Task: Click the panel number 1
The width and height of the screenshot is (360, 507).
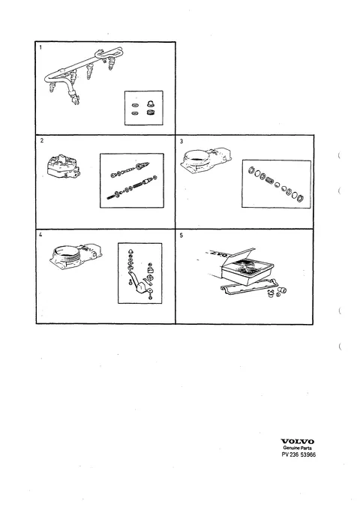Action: (x=40, y=47)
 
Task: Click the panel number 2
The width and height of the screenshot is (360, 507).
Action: (x=41, y=141)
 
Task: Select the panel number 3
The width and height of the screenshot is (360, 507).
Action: (x=181, y=141)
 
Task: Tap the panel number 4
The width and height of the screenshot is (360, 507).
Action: (x=40, y=235)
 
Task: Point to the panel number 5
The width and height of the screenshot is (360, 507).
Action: (x=181, y=235)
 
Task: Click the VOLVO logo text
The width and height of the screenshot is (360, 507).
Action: (x=297, y=441)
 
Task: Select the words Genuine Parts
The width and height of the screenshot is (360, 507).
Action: (x=297, y=448)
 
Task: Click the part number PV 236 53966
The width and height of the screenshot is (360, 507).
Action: (x=298, y=454)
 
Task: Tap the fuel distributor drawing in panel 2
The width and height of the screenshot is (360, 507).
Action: (x=64, y=166)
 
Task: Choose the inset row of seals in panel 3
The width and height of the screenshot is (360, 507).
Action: (x=276, y=184)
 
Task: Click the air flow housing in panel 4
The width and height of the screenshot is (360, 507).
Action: (x=76, y=257)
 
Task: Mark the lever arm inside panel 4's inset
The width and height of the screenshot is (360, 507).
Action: (x=136, y=280)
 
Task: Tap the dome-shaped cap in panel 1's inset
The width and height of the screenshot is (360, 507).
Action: (x=150, y=103)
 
